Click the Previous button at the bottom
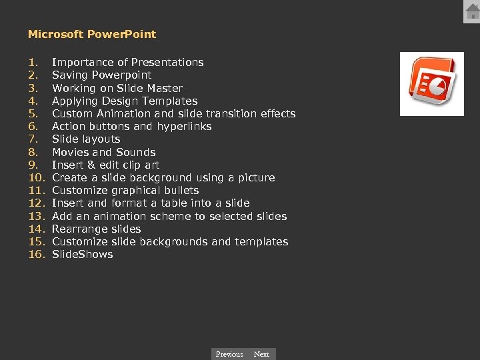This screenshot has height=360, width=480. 229,354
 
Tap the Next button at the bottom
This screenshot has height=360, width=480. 261,354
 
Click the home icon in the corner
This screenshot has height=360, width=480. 472,11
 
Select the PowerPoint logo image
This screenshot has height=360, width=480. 431,84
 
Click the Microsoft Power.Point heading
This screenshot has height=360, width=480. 92,34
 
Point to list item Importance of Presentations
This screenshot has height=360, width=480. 127,62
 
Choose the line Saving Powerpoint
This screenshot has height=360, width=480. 101,75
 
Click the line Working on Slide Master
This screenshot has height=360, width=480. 117,88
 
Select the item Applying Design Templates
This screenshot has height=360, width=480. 124,101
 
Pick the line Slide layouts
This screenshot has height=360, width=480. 86,139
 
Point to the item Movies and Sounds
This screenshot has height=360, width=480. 103,152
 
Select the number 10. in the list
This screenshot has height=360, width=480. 36,177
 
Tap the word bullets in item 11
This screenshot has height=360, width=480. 181,190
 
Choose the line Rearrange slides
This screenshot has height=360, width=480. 96,229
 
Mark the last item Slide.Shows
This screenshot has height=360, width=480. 82,254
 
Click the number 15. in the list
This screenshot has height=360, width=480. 36,241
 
